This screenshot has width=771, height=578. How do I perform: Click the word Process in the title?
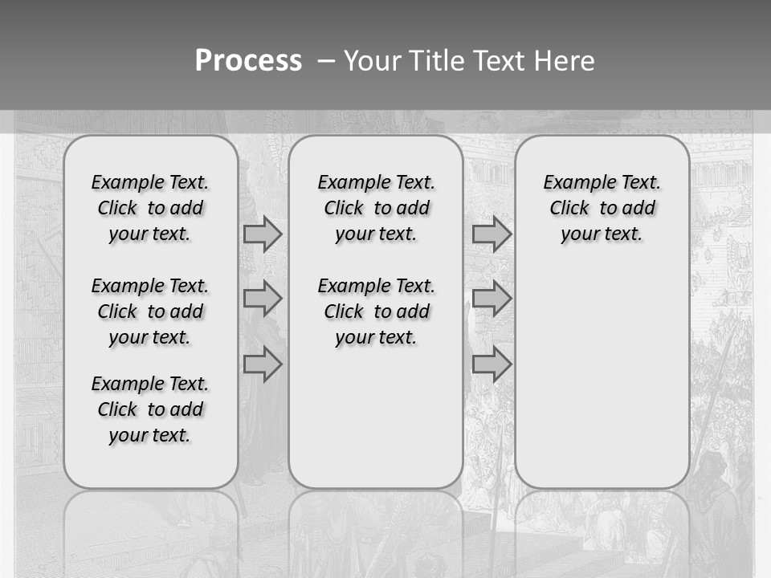pos(248,61)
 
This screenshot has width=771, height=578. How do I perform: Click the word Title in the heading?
pos(433,61)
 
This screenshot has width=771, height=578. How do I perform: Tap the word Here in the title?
pos(566,61)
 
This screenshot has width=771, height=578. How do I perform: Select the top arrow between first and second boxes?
pos(263,234)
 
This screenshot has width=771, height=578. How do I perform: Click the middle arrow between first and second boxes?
pos(263,299)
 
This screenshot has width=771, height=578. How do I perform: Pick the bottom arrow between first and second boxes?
pos(263,364)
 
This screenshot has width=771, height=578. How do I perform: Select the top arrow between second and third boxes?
pos(492,234)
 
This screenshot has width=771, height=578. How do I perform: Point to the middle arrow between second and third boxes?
pos(492,299)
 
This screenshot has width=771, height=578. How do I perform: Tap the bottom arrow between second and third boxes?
pos(492,364)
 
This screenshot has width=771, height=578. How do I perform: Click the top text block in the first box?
pos(150,208)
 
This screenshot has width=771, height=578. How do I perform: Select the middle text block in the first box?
pos(150,311)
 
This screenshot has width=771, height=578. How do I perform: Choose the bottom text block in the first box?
pos(150,409)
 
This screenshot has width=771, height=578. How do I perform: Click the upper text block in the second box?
pos(376,208)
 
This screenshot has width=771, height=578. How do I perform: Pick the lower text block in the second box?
pos(376,311)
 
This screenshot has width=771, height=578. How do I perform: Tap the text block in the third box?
pos(602,208)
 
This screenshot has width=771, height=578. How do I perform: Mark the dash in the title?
pos(327,61)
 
